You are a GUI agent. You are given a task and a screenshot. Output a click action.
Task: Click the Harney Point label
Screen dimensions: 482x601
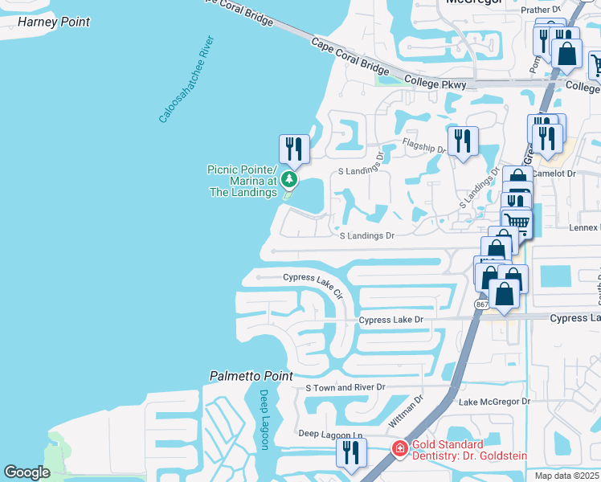53,22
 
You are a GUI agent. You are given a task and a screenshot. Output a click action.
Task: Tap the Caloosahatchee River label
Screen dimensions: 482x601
186,79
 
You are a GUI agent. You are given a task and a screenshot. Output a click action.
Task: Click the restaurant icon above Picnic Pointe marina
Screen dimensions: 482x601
294,149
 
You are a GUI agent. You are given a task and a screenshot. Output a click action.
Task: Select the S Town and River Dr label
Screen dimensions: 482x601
345,387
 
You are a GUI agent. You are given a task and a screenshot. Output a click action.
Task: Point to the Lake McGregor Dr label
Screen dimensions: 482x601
494,402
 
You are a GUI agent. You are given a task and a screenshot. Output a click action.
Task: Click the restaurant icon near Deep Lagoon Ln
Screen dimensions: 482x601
351,452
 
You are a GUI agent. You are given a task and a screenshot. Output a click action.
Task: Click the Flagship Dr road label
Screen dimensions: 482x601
424,146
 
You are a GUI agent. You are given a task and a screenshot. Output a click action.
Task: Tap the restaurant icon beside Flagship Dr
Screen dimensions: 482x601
462,141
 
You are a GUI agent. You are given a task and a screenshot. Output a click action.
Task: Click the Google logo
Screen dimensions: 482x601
27,472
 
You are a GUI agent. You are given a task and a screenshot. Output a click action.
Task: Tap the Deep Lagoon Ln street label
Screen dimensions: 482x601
330,435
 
